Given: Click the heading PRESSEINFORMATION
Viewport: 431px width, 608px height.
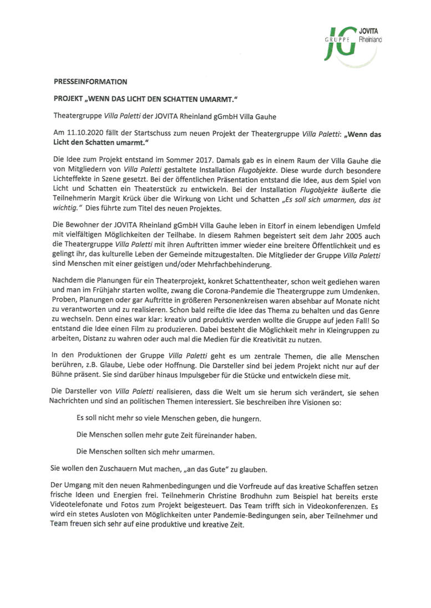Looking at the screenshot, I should (x=90, y=81).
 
